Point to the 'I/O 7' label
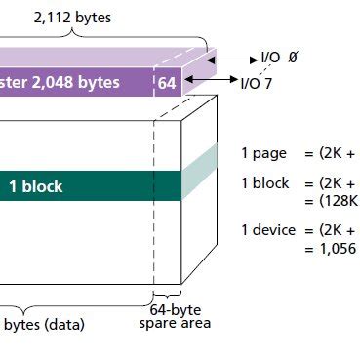258,83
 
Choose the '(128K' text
338,200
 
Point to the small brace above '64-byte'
168,297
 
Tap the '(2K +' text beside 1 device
337,230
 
